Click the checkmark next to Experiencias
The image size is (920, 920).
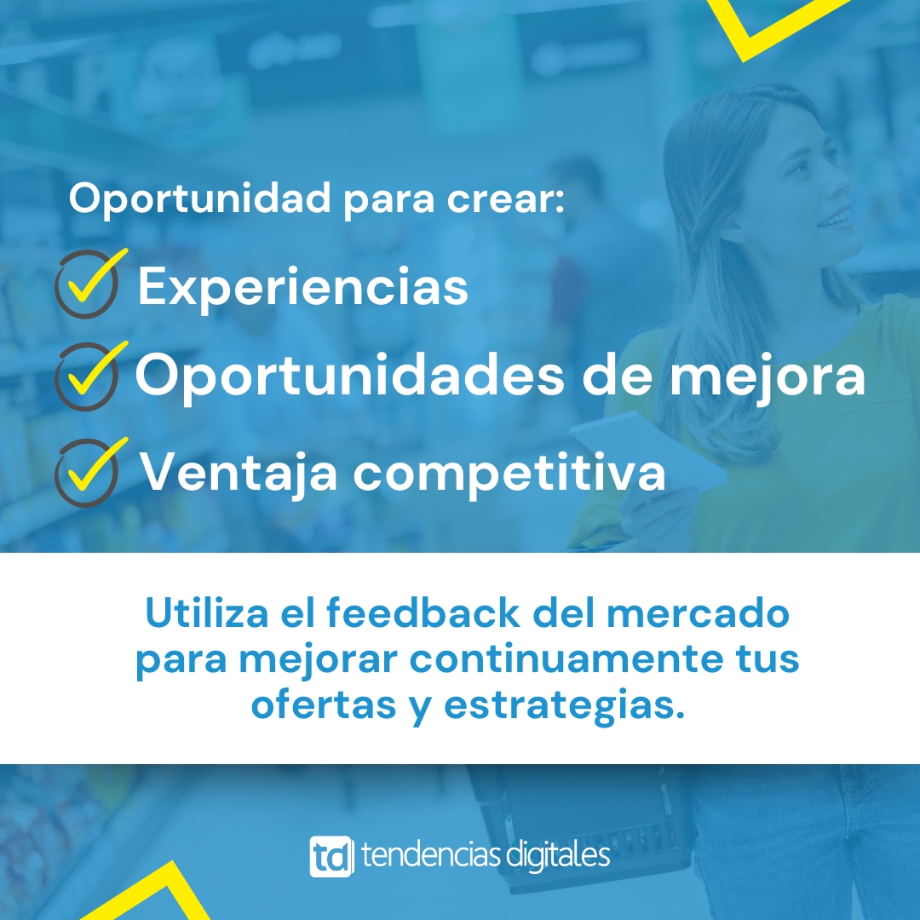coord(88,284)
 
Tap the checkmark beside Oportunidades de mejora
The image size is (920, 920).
coord(88,377)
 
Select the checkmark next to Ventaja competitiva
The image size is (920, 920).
coord(88,472)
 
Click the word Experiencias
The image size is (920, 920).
coord(302,288)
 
